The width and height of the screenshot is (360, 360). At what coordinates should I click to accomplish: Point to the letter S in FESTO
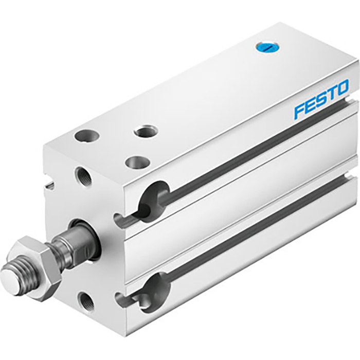(321, 99)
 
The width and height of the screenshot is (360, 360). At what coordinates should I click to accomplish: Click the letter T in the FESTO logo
(331, 93)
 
